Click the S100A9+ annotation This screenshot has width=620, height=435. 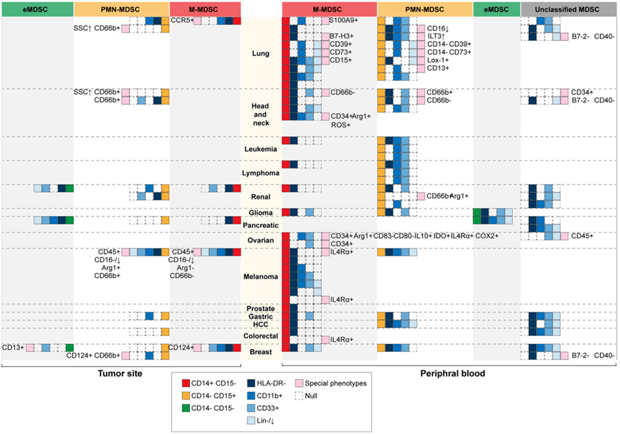pos(344,21)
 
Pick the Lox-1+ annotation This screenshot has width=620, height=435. pos(439,60)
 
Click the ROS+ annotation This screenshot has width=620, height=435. pos(340,125)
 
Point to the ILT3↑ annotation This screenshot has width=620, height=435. pos(438,36)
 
